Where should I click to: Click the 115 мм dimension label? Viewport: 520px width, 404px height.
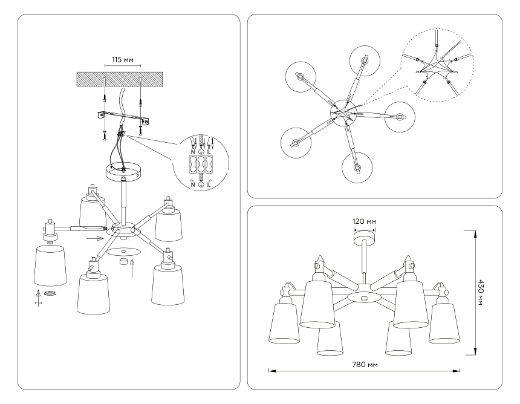[122, 60]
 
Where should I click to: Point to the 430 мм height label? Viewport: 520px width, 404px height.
[482, 292]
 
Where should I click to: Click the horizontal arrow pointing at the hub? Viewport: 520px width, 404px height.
[95, 239]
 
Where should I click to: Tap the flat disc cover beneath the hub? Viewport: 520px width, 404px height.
[125, 250]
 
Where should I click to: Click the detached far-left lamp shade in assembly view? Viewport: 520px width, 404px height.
[50, 266]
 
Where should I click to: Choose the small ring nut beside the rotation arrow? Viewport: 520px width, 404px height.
[51, 293]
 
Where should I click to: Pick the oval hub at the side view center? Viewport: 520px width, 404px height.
[365, 298]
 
